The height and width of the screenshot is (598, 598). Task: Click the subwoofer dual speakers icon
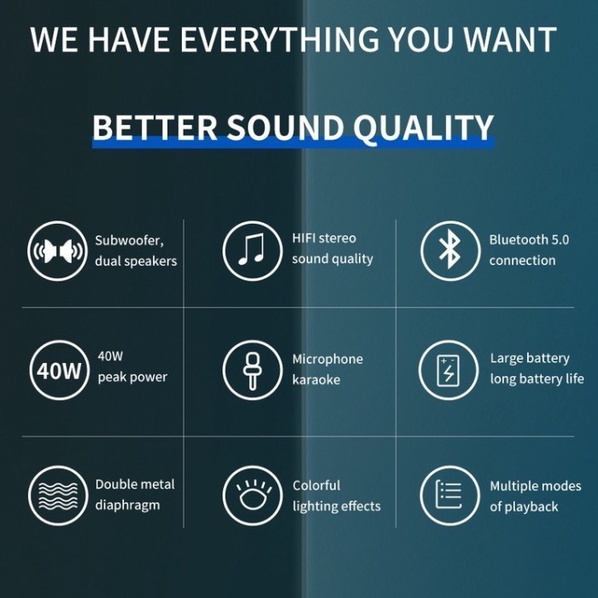click(57, 250)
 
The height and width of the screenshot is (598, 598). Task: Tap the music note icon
click(252, 249)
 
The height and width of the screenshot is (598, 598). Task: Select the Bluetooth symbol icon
click(449, 250)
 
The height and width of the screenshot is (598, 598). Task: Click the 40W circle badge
click(58, 372)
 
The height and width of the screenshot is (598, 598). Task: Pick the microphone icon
click(252, 371)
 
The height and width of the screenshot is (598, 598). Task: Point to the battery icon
click(448, 371)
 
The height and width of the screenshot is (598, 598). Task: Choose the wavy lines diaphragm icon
click(57, 495)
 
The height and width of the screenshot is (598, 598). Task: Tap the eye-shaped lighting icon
click(252, 495)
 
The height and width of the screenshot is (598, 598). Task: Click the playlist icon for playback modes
click(449, 495)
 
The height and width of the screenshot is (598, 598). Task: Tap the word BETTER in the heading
click(154, 128)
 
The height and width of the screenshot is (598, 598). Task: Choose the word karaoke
click(316, 379)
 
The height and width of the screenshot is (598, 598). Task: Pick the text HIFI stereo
click(324, 237)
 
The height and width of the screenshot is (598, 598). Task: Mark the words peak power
click(132, 377)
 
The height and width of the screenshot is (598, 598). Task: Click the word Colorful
click(316, 485)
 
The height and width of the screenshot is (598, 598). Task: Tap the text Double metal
click(135, 484)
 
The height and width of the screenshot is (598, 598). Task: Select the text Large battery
click(530, 359)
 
